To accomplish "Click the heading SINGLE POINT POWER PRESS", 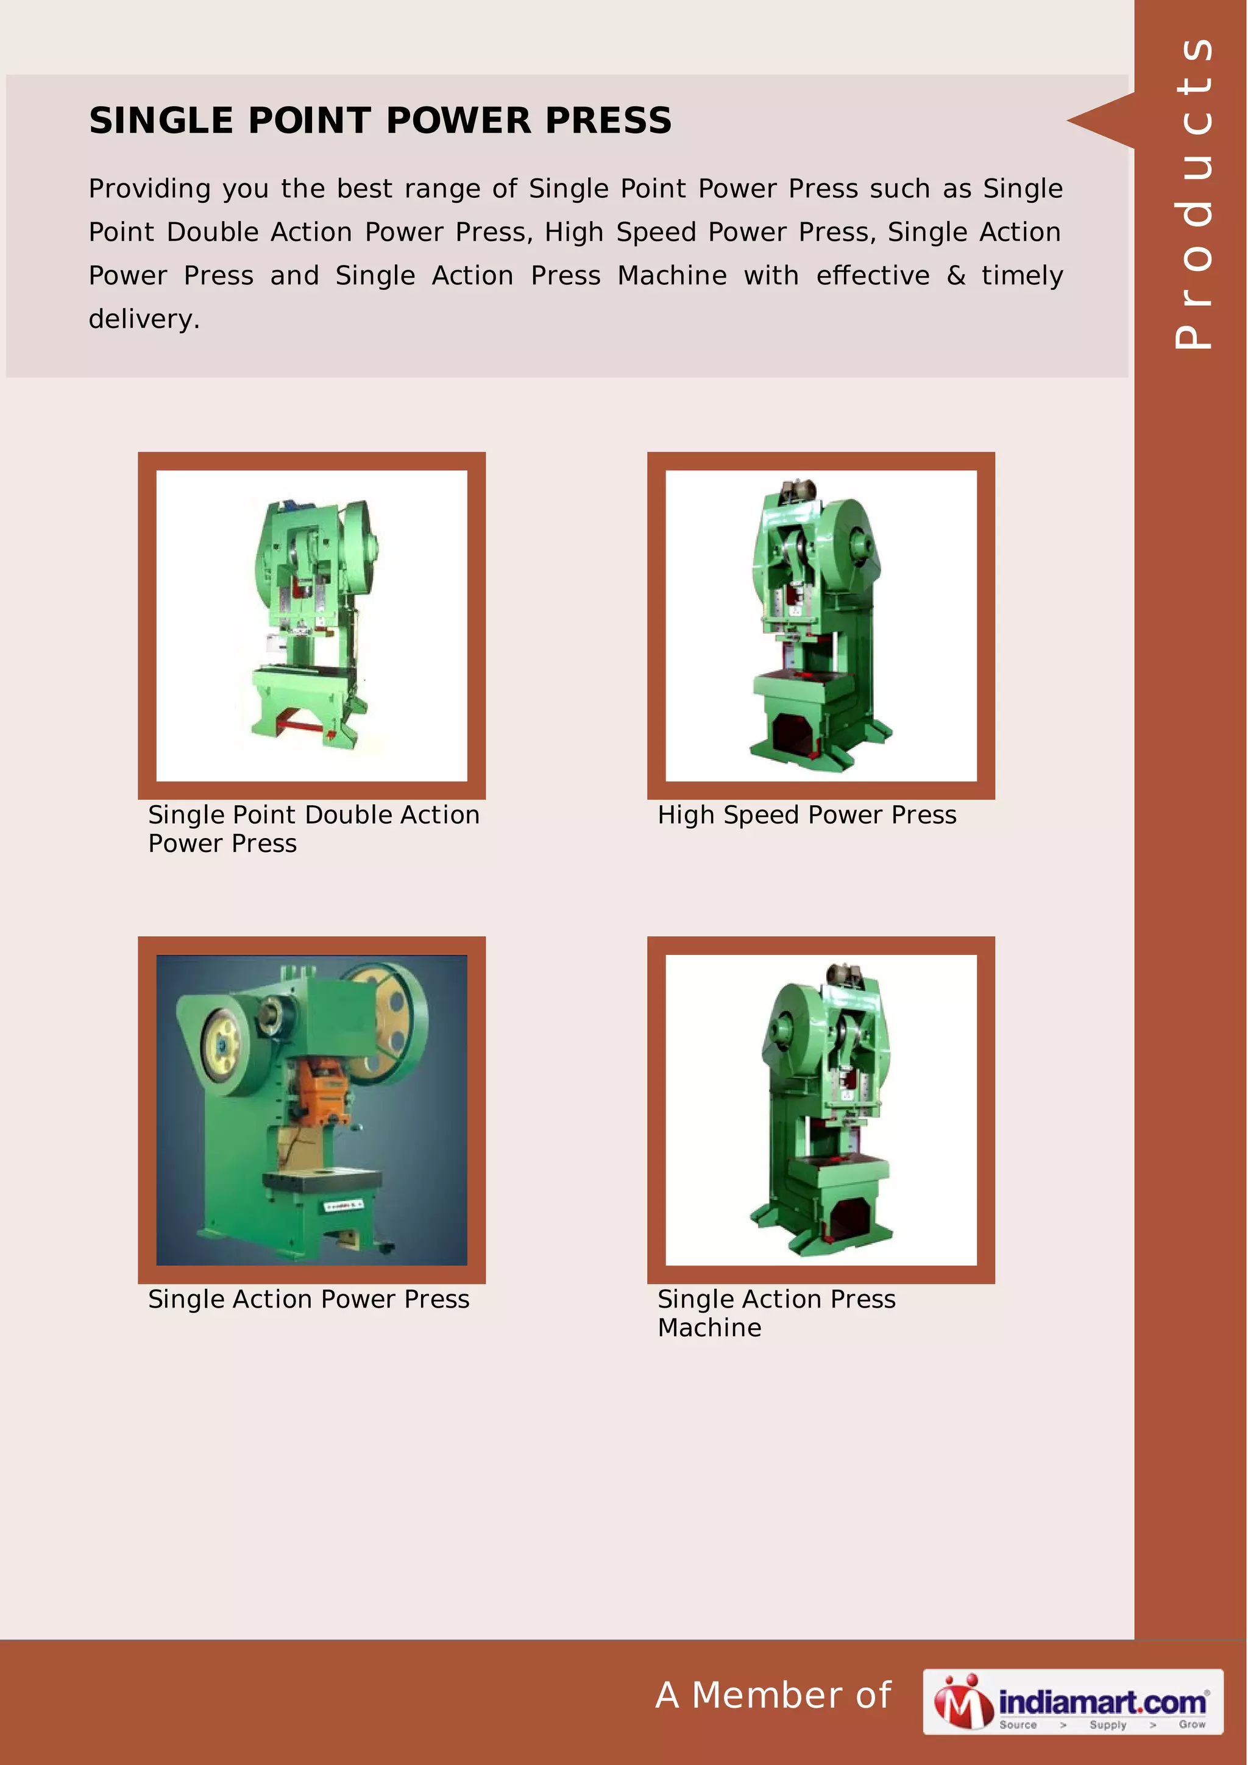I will click(x=380, y=121).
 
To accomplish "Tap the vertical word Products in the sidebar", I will click(x=1193, y=192).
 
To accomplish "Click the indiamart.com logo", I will click(x=1072, y=1701).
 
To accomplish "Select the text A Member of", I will click(x=773, y=1695).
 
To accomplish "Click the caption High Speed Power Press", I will click(x=807, y=815).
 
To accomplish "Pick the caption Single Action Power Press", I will click(x=308, y=1299).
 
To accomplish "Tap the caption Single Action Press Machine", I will click(x=776, y=1313).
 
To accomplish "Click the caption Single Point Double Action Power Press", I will click(x=313, y=829).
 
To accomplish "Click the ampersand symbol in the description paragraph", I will click(x=955, y=275).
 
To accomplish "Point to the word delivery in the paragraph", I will click(x=143, y=319).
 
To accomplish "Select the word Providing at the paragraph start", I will click(x=149, y=189).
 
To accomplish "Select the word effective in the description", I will click(x=873, y=275).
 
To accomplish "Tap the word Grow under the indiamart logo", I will click(x=1191, y=1724).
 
